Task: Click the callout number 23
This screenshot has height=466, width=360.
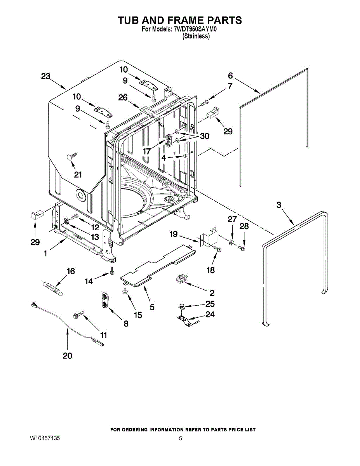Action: point(46,77)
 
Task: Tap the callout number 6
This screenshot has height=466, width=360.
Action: point(230,75)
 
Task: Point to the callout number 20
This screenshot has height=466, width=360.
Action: point(67,356)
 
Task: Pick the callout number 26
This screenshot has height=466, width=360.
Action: point(123,98)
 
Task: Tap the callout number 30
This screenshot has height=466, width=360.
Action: point(204,137)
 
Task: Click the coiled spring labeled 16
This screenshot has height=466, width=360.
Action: point(52,289)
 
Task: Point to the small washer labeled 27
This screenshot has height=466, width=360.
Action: point(231,243)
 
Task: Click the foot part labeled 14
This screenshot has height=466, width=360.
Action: point(112,271)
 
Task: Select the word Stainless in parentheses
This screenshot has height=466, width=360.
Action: point(196,36)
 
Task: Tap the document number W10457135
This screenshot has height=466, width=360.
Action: point(45,438)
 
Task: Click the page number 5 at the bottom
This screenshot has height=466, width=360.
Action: point(180,438)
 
